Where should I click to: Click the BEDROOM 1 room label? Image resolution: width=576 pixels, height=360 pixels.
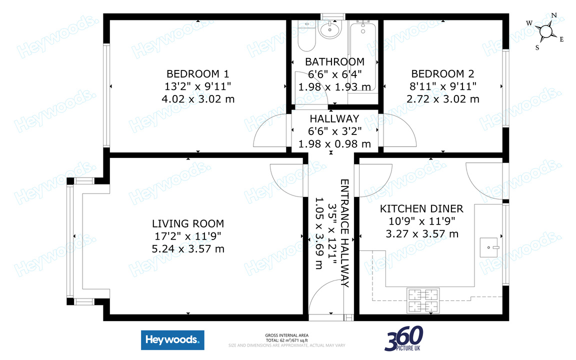(198, 74)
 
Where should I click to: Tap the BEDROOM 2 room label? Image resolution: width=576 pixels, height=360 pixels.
(442, 74)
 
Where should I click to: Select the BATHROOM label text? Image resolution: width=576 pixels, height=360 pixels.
(334, 61)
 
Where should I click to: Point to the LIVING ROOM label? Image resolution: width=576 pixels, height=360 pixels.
(188, 223)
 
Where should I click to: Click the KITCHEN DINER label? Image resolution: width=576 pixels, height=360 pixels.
(421, 208)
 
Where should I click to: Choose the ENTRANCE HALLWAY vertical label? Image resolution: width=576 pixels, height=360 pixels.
(344, 233)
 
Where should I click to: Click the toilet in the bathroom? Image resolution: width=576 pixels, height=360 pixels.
(306, 36)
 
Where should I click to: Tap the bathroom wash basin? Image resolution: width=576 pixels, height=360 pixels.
(330, 29)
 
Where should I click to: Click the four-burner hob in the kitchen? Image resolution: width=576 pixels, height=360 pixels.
(423, 301)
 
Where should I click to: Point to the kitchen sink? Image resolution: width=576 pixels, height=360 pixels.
(489, 247)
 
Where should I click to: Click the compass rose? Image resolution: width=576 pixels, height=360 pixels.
(546, 31)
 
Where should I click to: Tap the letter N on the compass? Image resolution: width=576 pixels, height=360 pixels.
(554, 15)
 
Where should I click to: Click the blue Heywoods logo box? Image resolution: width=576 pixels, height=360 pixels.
(172, 340)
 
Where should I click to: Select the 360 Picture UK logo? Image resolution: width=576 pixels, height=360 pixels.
(403, 338)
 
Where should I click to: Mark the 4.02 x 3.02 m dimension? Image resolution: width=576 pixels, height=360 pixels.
(198, 99)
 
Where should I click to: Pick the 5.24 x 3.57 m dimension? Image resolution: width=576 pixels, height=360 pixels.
(188, 249)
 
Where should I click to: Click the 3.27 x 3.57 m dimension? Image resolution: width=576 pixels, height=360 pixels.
(422, 234)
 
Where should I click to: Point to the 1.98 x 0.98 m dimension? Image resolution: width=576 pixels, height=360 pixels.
(334, 144)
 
